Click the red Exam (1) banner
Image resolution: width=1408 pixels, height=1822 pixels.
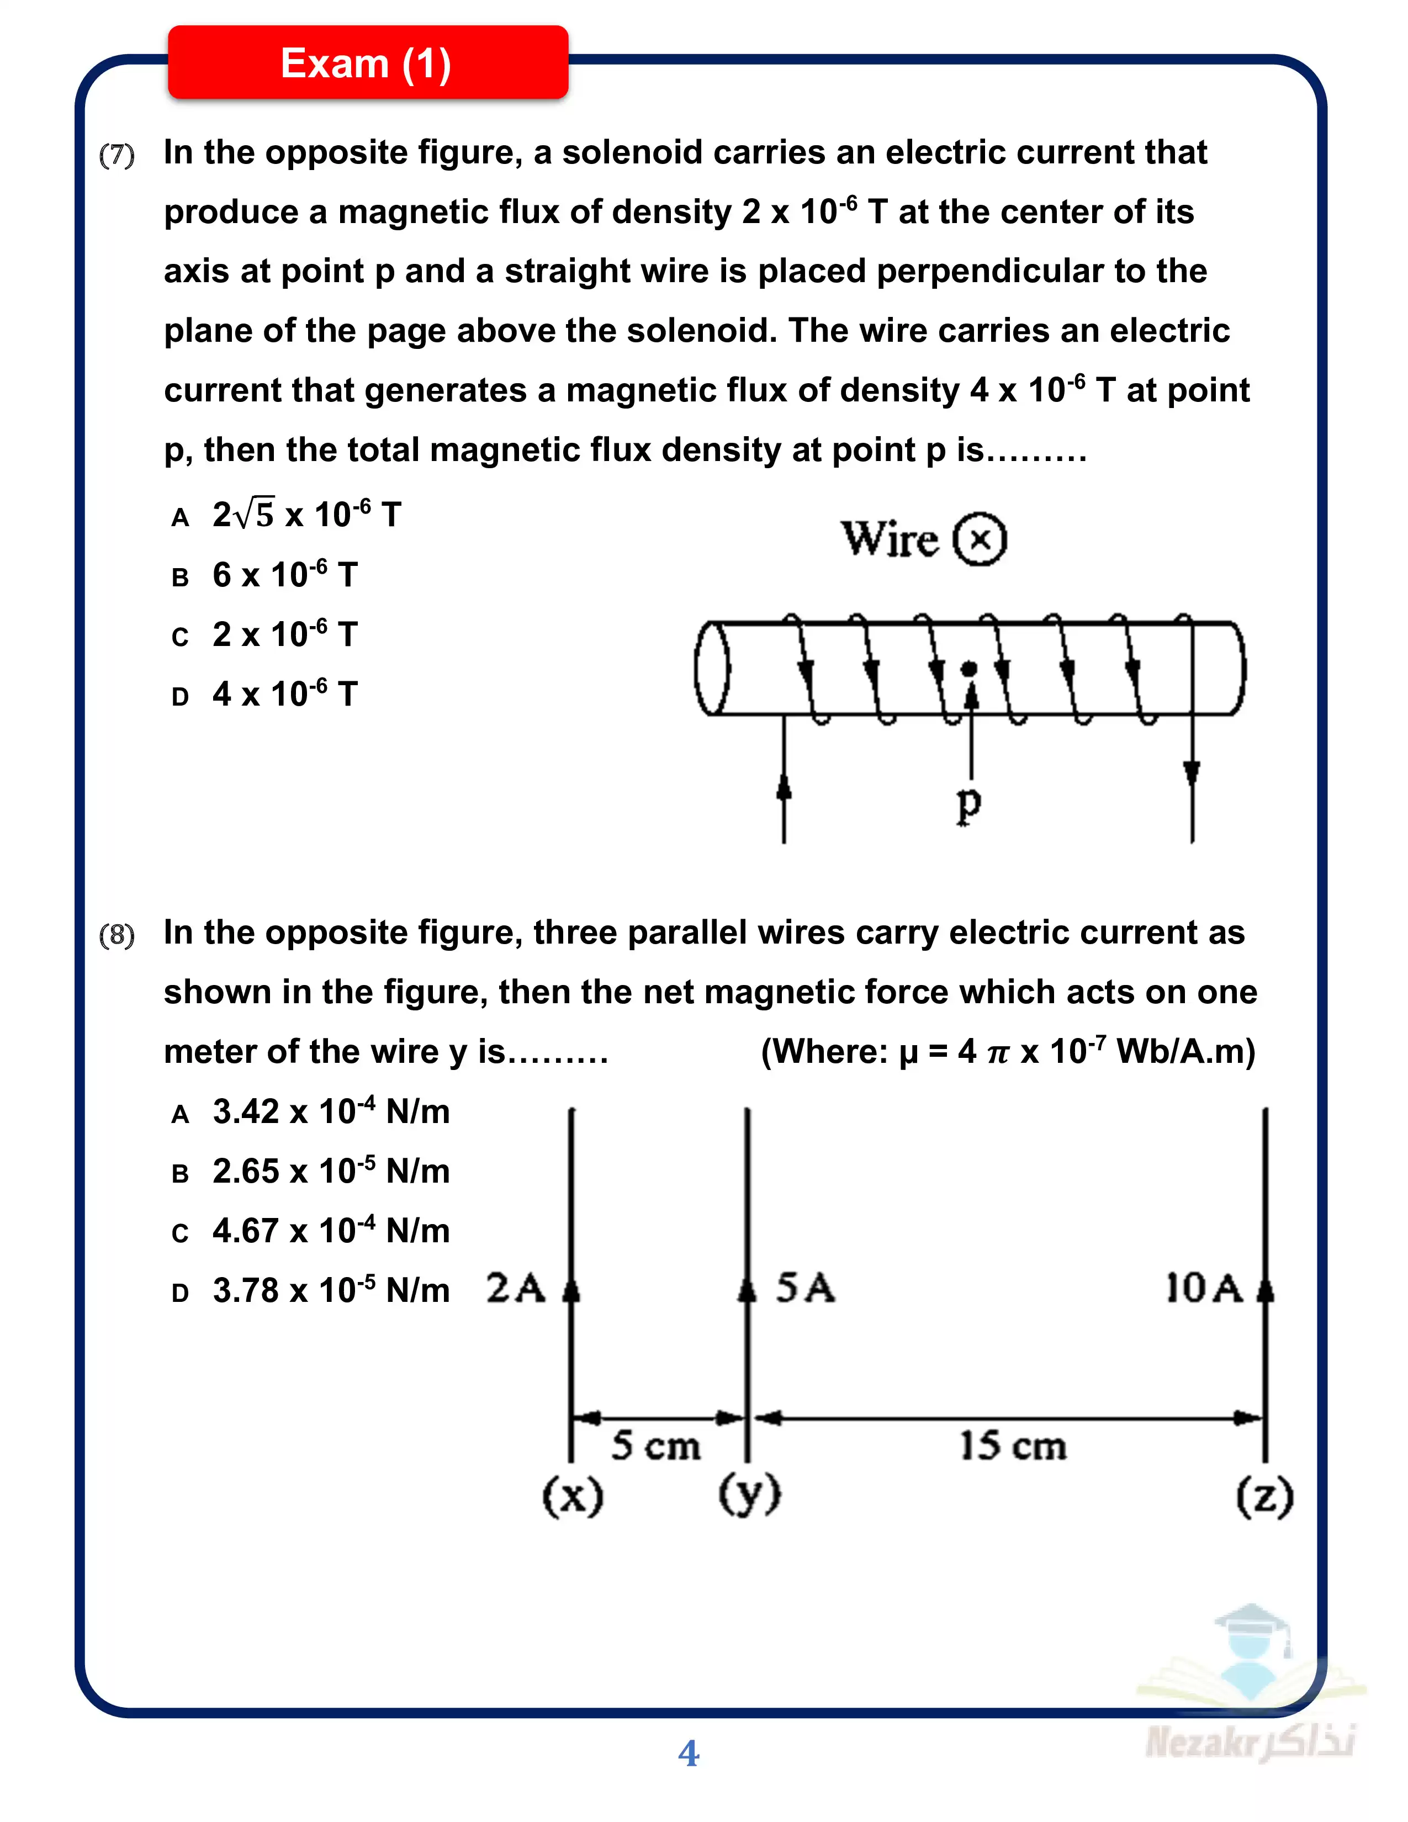[x=367, y=63]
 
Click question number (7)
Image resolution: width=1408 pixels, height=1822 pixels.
[x=117, y=155]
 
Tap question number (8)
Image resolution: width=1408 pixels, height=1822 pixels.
[x=117, y=935]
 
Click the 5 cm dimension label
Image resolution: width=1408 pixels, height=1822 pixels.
[x=655, y=1446]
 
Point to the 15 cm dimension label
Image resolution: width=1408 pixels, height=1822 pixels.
[x=1013, y=1446]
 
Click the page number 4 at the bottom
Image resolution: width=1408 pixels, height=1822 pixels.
[x=688, y=1753]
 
